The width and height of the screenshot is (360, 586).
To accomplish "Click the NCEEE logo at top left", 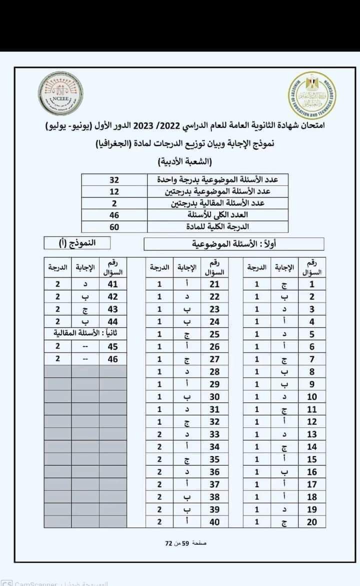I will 61,93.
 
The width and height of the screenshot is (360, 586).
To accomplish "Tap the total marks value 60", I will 114,226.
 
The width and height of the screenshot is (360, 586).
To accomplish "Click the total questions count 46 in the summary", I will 114,215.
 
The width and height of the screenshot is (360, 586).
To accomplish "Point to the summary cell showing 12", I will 114,191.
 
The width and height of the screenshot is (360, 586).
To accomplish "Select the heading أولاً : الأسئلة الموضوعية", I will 234,244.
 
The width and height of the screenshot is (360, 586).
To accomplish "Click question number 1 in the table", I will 311,284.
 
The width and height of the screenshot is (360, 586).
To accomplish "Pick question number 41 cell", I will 113,284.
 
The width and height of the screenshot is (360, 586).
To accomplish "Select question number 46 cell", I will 113,358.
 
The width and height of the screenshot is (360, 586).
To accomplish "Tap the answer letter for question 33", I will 186,434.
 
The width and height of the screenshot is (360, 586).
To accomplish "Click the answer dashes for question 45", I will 85,346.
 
